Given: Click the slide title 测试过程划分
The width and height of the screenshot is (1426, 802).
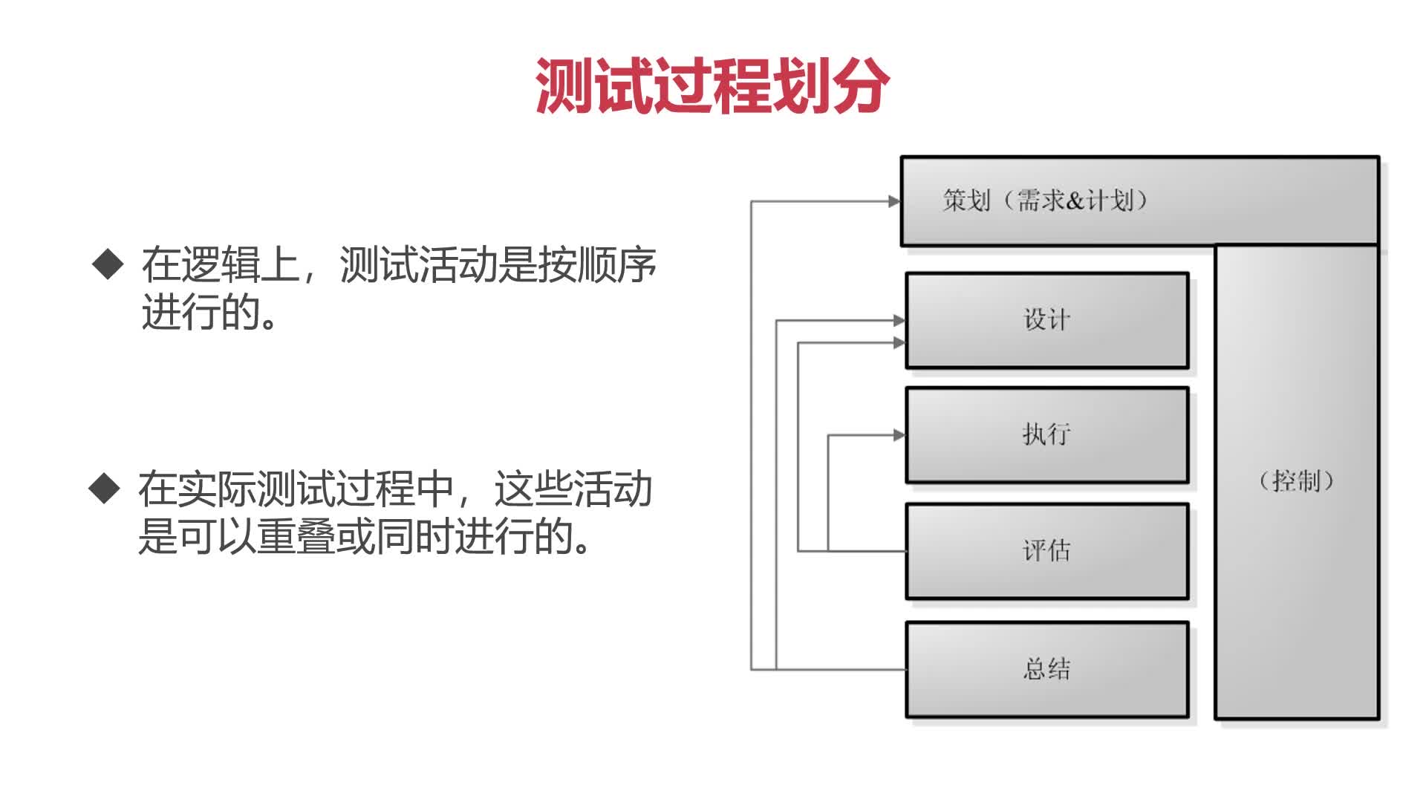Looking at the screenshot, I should click(x=712, y=86).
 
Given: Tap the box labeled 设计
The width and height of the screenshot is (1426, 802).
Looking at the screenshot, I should click(x=1046, y=320).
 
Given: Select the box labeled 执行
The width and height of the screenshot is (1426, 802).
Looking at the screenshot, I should click(x=1046, y=434).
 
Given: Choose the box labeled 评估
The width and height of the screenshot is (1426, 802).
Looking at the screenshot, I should click(x=1046, y=551).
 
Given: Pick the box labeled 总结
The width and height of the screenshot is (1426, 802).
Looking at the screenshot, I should click(x=1046, y=669).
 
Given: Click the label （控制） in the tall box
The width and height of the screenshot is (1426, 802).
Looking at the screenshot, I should click(x=1296, y=481).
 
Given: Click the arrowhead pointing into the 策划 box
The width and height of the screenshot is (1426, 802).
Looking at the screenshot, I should click(x=894, y=200).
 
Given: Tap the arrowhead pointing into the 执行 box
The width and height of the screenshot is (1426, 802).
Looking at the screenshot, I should click(x=899, y=435).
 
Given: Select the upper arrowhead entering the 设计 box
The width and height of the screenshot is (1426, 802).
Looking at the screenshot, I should click(x=899, y=321).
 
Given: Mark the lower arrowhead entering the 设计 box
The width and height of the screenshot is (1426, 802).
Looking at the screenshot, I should click(x=899, y=343).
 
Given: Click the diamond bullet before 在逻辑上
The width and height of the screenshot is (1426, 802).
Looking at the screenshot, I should click(x=108, y=264).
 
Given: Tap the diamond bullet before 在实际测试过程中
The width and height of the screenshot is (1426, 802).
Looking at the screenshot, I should click(x=104, y=489).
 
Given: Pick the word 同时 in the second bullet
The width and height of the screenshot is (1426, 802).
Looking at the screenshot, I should click(x=414, y=536).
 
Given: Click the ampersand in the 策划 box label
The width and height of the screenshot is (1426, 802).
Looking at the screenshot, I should click(x=1075, y=200).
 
